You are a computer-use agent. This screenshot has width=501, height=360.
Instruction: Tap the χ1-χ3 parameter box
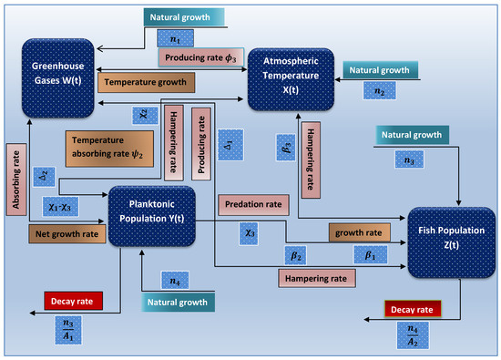coord(59,207)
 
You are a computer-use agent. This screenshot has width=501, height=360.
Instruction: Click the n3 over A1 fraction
coord(66,327)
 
